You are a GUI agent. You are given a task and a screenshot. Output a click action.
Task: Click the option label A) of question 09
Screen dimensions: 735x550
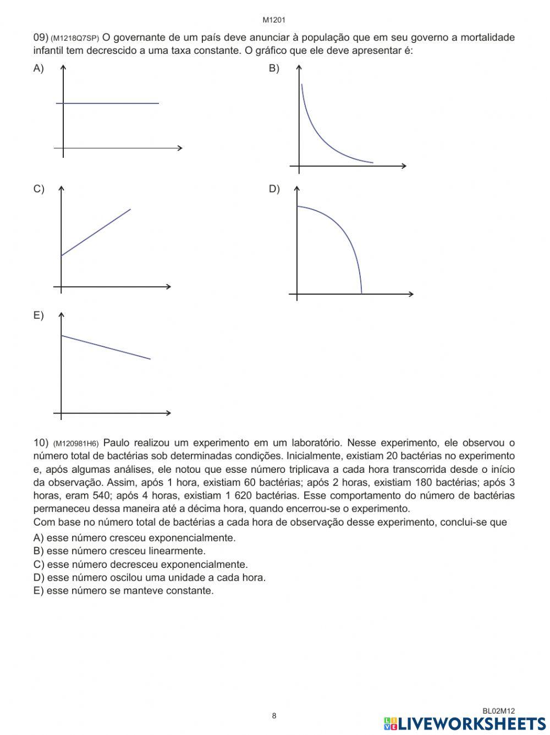coord(38,69)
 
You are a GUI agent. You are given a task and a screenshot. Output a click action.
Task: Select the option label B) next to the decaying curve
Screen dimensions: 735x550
coord(274,69)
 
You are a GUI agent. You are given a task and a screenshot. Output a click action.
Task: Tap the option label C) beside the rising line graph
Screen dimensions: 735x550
coord(38,189)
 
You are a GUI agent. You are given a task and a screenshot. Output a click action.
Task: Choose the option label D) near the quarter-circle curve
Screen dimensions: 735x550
coord(274,189)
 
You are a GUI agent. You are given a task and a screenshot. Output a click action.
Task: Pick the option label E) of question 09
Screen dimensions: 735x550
coord(38,316)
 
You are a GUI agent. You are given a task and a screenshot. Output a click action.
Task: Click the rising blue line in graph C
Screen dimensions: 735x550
coord(96,232)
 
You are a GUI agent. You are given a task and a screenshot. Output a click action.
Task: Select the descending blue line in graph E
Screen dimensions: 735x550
coord(105,347)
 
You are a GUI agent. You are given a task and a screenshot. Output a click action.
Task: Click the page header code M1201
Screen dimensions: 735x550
coord(274,20)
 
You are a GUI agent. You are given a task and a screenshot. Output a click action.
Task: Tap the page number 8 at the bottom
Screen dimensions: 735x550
coord(274,715)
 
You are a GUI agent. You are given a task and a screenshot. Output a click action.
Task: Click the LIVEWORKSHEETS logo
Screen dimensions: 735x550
coord(465,723)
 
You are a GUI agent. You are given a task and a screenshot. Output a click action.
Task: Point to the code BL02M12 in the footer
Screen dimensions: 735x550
coord(498,711)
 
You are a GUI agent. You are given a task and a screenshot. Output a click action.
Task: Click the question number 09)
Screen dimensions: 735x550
coord(41,37)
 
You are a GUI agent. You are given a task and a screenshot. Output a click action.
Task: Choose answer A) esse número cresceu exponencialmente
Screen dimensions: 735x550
coord(134,538)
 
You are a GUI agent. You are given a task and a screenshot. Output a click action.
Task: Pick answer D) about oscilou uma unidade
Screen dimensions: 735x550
coord(149,577)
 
